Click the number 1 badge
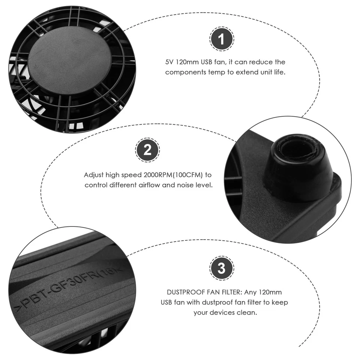click(222, 39)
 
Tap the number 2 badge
click(147, 150)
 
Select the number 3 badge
click(222, 268)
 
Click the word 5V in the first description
click(169, 62)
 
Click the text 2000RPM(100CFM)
click(176, 175)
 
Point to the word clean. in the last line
click(248, 312)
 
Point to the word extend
click(245, 72)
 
